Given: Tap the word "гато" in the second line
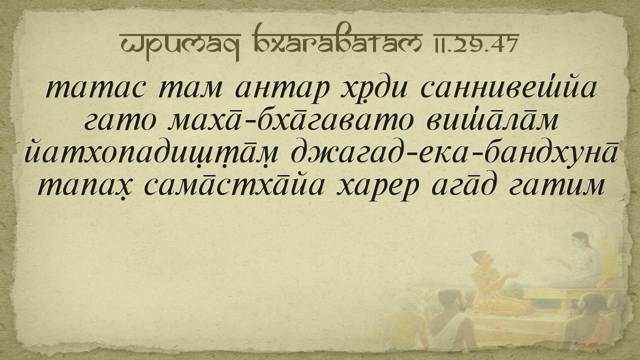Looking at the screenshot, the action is click(x=120, y=121).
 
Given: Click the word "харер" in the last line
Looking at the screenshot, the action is click(x=377, y=189).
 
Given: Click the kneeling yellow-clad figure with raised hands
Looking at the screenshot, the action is click(x=494, y=283).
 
